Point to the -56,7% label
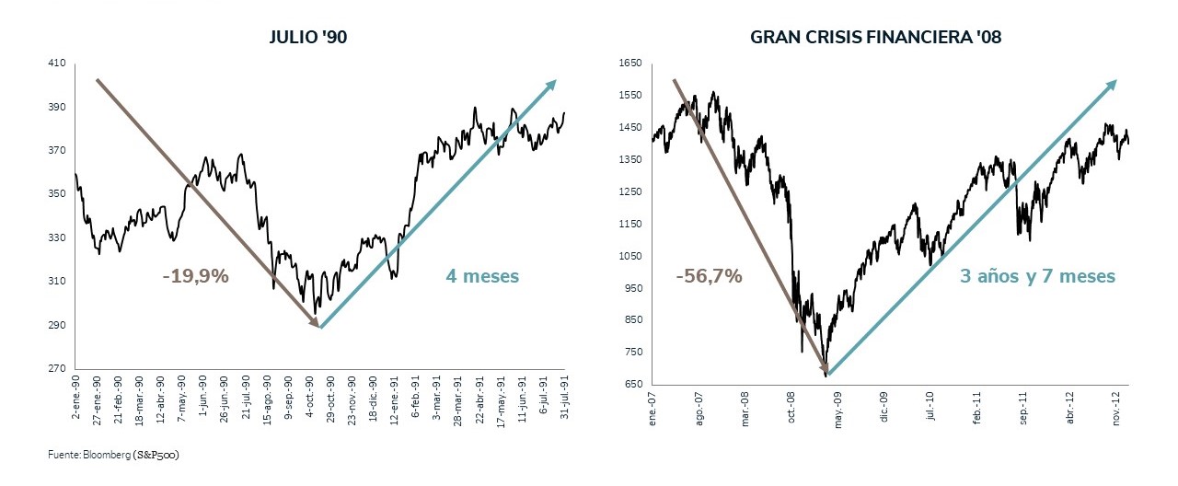coord(709,276)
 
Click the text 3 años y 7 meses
coord(1037,276)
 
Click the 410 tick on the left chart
coord(57,64)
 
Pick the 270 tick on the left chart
coord(57,369)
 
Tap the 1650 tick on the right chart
coord(629,64)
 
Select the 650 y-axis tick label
coord(632,384)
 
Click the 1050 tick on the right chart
coord(629,256)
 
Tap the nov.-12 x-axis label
coord(1117,403)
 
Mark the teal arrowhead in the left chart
coord(551,85)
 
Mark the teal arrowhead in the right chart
coord(1111,85)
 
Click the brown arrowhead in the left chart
coord(314,322)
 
